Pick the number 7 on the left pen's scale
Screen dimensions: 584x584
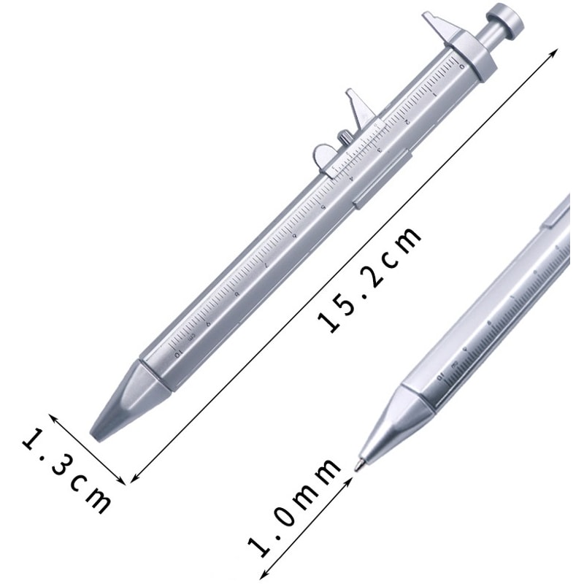(268, 264)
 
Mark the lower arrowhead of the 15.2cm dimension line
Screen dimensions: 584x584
(132, 481)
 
